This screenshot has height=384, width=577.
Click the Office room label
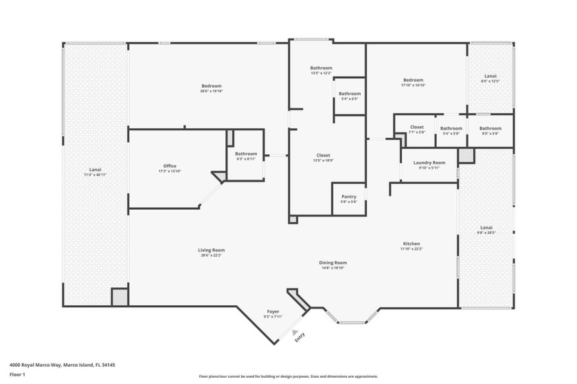[170, 167]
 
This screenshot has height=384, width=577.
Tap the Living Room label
[211, 250]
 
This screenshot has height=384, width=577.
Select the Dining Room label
[332, 263]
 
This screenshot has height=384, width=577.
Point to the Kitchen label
[411, 244]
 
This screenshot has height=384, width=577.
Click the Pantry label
[349, 197]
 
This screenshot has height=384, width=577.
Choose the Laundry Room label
[429, 163]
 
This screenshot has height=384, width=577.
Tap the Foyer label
[273, 312]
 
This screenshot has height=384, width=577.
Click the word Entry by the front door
[299, 337]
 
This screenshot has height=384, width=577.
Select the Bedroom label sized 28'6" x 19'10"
[211, 86]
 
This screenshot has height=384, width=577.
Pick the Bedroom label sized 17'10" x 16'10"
[414, 80]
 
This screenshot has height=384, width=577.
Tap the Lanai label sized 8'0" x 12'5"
[490, 76]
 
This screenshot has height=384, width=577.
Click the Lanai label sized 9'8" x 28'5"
[486, 228]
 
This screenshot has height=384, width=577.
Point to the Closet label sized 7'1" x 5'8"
[417, 128]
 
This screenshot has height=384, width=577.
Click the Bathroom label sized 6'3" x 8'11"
[246, 154]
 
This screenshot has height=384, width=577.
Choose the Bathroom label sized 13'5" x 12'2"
[321, 68]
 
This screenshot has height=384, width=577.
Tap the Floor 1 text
[18, 374]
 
